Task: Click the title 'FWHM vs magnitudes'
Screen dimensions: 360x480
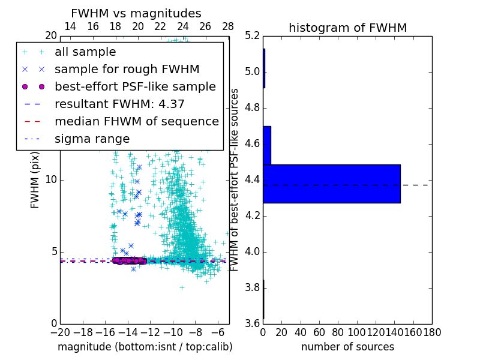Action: tap(136, 13)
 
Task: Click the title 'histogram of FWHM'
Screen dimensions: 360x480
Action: tap(347, 28)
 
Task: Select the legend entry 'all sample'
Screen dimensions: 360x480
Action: tap(85, 52)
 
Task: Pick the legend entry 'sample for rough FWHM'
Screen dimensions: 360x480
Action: tap(127, 70)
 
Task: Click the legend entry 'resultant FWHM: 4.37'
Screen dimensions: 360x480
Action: tap(119, 104)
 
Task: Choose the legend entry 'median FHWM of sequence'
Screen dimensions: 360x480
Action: tap(136, 122)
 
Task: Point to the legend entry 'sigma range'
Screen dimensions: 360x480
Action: tap(92, 139)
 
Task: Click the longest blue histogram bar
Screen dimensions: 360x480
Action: tap(331, 184)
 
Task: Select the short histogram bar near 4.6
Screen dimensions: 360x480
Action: tap(267, 145)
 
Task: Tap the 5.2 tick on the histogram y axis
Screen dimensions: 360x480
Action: tap(252, 36)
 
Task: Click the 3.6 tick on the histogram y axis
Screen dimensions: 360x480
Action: tap(252, 323)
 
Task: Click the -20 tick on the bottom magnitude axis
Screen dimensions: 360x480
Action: tap(60, 332)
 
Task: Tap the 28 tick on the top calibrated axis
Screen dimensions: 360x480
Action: tap(228, 27)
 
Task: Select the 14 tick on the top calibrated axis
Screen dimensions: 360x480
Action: tap(70, 27)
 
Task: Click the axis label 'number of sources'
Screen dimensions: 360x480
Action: tap(347, 347)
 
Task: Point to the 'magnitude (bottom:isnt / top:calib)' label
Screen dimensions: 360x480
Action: tap(145, 347)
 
